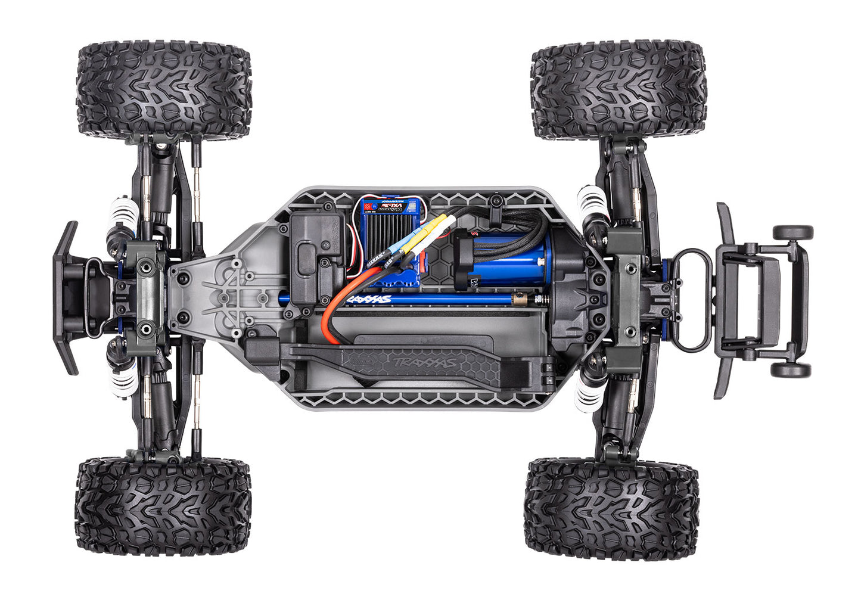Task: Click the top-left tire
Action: [x=164, y=89]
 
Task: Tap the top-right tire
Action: [x=618, y=89]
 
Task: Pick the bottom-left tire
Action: [x=163, y=506]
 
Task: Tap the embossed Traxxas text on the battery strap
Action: [x=423, y=361]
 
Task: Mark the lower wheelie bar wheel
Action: [x=790, y=369]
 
